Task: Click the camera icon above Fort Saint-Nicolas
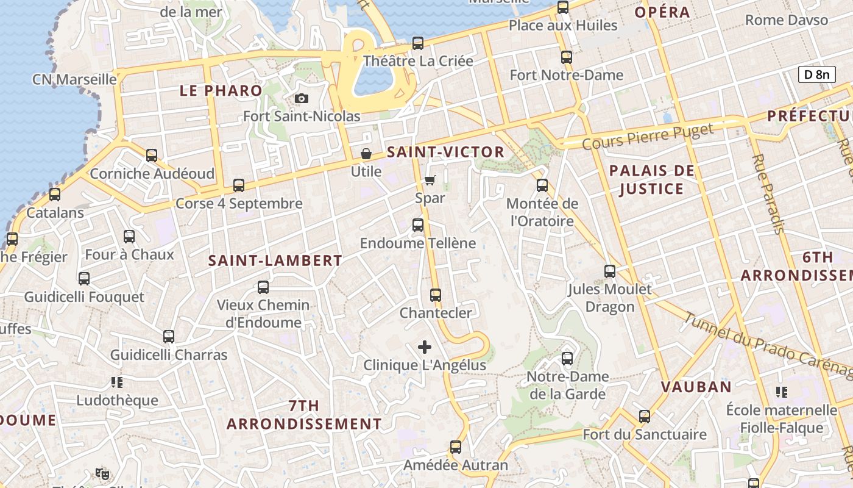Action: coord(301,98)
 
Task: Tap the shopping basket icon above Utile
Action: coord(366,153)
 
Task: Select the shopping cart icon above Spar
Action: coord(430,179)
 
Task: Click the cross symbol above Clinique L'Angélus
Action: coord(425,347)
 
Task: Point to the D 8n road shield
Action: coord(816,74)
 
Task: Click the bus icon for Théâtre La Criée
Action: coord(418,43)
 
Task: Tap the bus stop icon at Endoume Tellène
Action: coord(418,225)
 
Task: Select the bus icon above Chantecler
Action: coord(436,295)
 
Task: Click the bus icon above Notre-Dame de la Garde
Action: coord(567,359)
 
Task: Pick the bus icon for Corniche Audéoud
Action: coord(152,156)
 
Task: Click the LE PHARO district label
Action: coord(221,91)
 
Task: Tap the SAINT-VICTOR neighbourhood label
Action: coord(446,152)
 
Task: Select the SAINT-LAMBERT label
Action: coord(275,260)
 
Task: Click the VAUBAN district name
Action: coord(696,387)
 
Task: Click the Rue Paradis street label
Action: coord(768,194)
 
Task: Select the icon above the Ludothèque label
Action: coord(117,382)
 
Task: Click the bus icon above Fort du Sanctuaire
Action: coord(645,417)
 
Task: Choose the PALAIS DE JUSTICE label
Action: coord(651,179)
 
